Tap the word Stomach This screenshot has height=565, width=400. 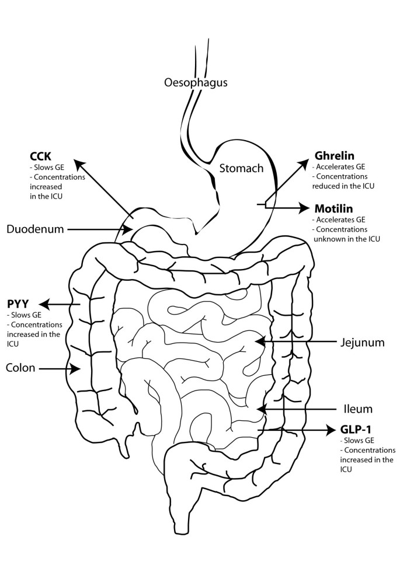point(241,169)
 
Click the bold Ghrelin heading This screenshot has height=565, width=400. point(335,156)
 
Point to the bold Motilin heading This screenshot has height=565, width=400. point(334,208)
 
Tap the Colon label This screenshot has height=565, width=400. point(21,368)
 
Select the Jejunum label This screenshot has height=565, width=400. point(362,343)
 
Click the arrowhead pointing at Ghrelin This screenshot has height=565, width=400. point(307,161)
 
